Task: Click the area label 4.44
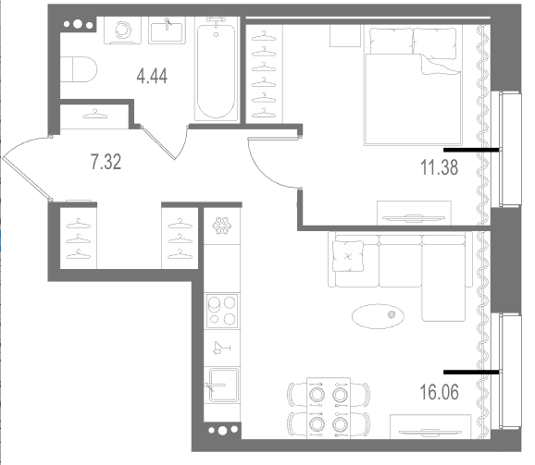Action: pyautogui.click(x=152, y=77)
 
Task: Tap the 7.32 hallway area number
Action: pyautogui.click(x=106, y=162)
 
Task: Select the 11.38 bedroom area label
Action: pyautogui.click(x=440, y=167)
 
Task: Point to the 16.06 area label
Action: pyautogui.click(x=440, y=392)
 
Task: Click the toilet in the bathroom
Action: pyautogui.click(x=79, y=69)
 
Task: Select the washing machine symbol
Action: pyautogui.click(x=122, y=30)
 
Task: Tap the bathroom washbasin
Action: pyautogui.click(x=167, y=30)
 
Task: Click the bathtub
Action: pyautogui.click(x=217, y=69)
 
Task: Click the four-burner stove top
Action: pyautogui.click(x=222, y=311)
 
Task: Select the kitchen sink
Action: pyautogui.click(x=223, y=385)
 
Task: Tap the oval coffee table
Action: pyautogui.click(x=378, y=316)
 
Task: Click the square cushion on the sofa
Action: pyautogui.click(x=348, y=256)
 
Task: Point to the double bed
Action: pyautogui.click(x=413, y=87)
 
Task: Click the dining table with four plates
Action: pyautogui.click(x=329, y=408)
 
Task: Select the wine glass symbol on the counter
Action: pyautogui.click(x=221, y=348)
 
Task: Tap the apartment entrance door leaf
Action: pyautogui.click(x=27, y=178)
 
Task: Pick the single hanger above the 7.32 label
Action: pyautogui.click(x=94, y=114)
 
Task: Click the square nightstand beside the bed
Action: pyautogui.click(x=345, y=35)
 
